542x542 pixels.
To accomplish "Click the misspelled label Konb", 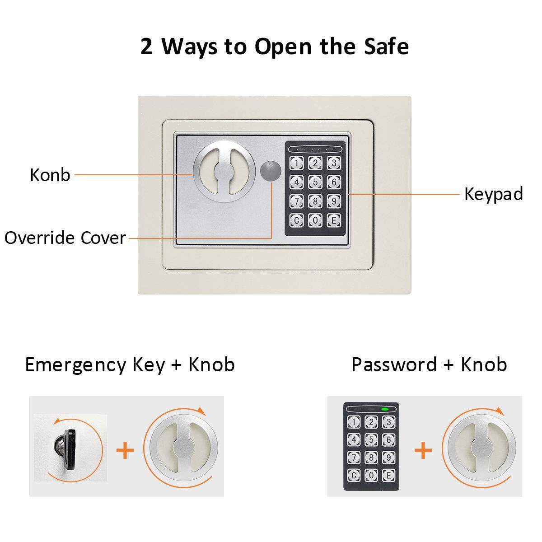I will coord(50,175).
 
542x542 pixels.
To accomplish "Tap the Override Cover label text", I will coord(65,238).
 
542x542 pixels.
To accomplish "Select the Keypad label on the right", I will coord(493,194).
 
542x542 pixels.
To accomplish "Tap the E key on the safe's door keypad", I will coord(334,220).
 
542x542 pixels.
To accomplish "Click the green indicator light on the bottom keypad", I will coord(385,410).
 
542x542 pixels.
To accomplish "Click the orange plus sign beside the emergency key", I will coord(125,450).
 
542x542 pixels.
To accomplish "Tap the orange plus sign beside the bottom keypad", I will coord(423,450).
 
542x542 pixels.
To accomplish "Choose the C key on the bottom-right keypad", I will coord(354,475).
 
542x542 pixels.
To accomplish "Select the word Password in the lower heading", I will coord(394,364).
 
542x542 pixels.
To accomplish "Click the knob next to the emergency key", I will coord(180,450).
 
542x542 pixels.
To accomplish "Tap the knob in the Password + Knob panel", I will coord(478,450).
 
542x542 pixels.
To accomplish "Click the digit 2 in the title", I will coord(146,47).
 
